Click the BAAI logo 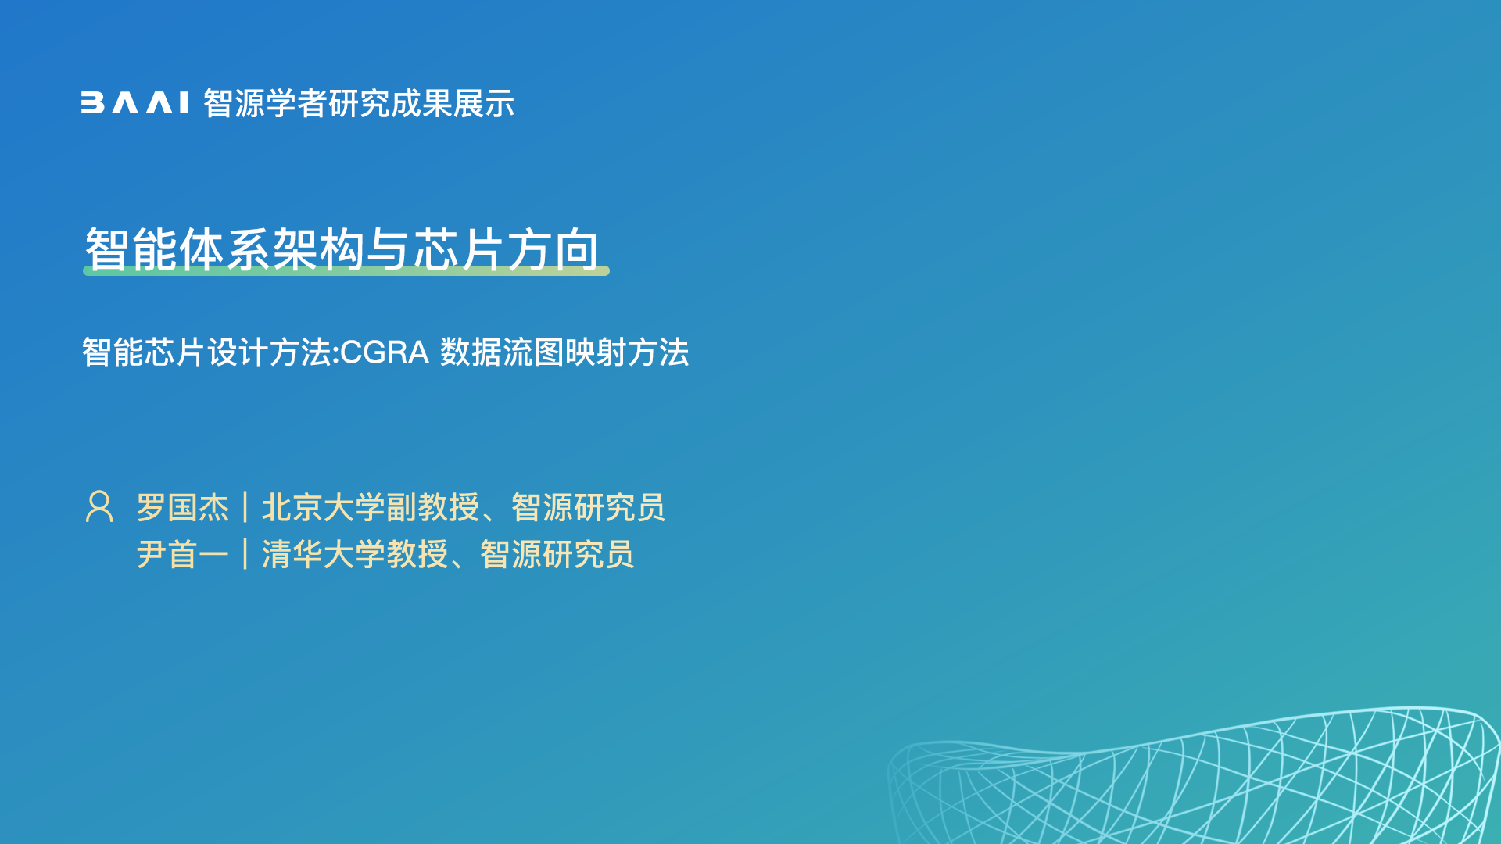pos(134,103)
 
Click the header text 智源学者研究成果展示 pos(359,103)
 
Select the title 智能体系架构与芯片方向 pos(342,249)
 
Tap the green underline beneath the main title pos(346,270)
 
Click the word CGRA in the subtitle pos(385,352)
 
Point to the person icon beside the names pos(99,506)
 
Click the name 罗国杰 pos(183,507)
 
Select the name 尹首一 pos(183,554)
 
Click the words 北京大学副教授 pos(371,507)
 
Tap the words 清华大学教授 pos(355,554)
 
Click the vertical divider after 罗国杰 pos(245,507)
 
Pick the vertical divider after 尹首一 pos(245,554)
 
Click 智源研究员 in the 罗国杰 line pos(588,507)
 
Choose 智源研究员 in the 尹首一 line pos(557,554)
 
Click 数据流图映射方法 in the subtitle pos(564,352)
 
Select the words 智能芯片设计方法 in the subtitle pos(207,352)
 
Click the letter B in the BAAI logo pos(92,103)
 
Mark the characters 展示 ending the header pos(484,103)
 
